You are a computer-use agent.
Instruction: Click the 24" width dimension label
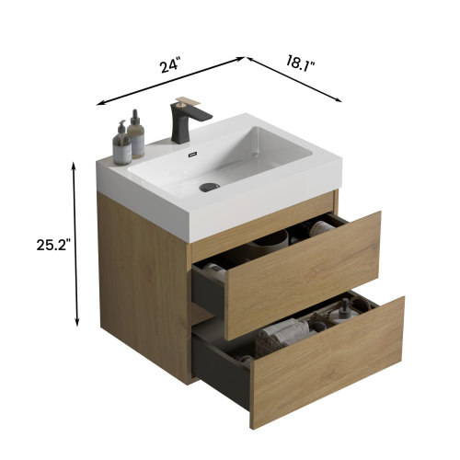[x=168, y=66]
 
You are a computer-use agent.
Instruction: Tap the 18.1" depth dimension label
[x=300, y=63]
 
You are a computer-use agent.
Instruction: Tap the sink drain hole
[x=209, y=187]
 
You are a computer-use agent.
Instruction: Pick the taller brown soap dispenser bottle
[x=136, y=135]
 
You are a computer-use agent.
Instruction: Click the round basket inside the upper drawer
[x=271, y=241]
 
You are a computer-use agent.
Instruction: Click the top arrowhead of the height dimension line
[x=75, y=164]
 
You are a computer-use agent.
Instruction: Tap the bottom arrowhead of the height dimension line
[x=75, y=324]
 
